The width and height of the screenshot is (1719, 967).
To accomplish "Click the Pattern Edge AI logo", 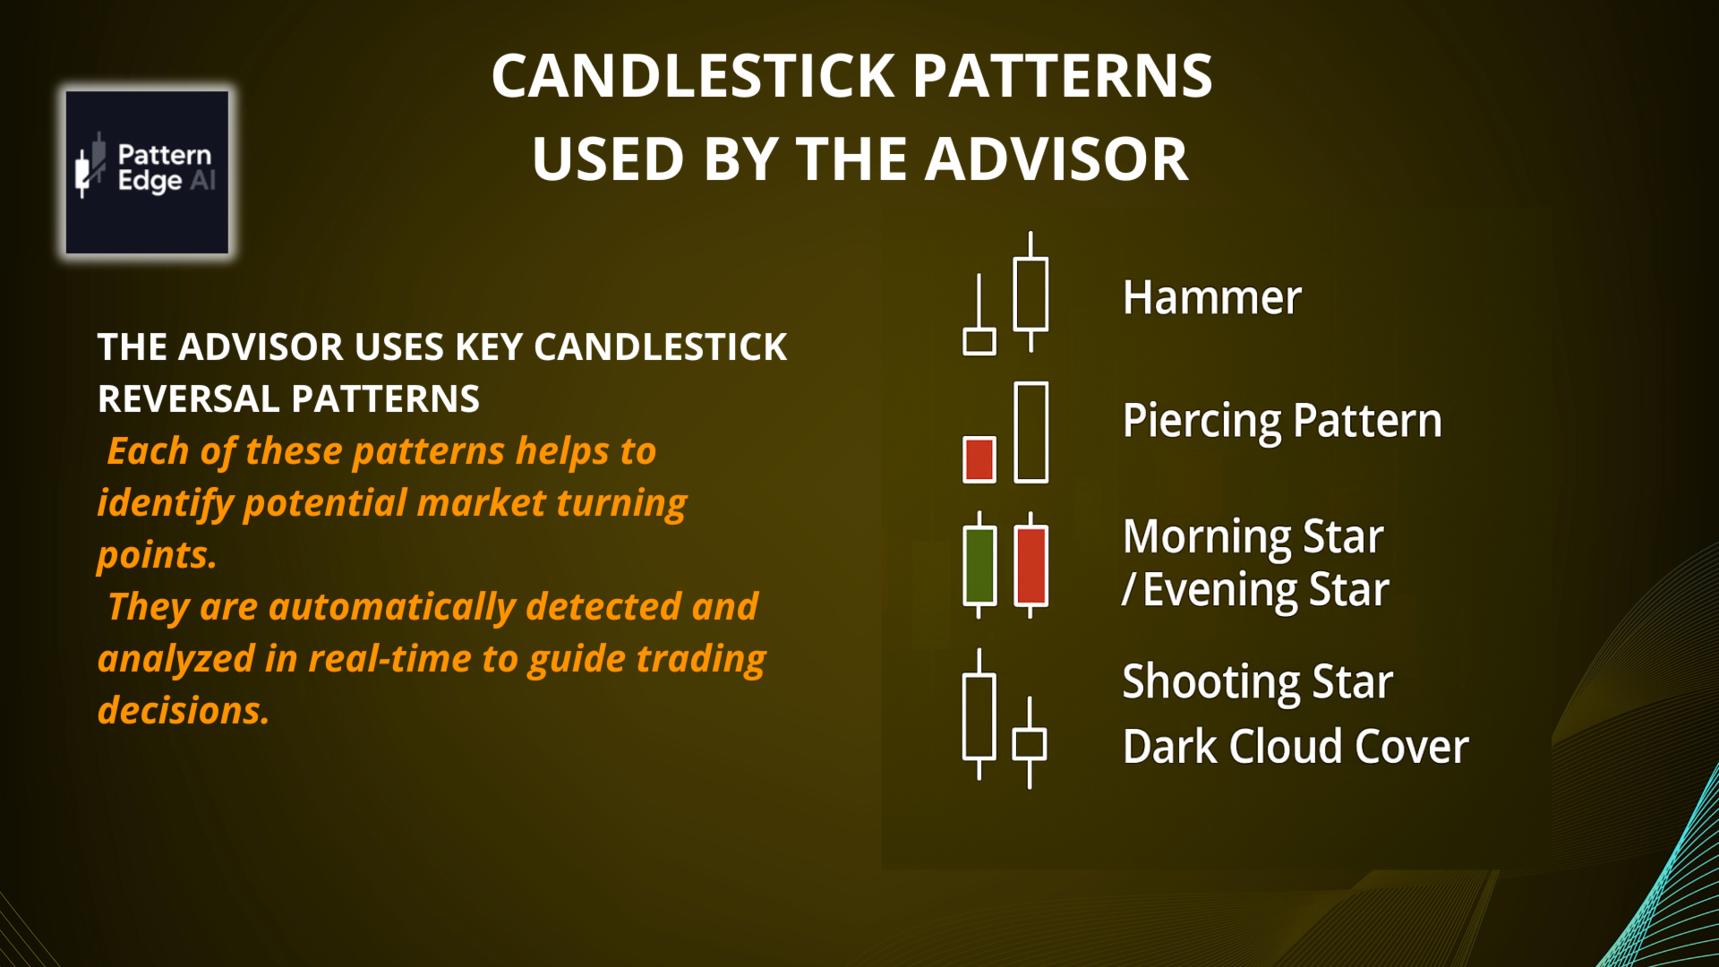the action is coord(147,172).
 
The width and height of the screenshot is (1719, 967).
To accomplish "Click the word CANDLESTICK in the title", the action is coord(694,75).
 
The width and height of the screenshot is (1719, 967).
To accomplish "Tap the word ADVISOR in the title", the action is coord(1056,159).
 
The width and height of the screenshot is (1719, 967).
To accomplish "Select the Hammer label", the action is coord(1211,297).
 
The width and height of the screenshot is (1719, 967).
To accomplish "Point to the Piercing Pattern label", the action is coord(1282,421).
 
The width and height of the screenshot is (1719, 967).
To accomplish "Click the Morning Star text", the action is coord(1253,536).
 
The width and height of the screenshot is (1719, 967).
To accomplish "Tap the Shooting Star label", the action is coord(1258,682).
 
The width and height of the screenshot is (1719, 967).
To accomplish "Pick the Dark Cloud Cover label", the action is coord(1296,746).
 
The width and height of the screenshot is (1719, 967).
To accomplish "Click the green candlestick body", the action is coord(979,566).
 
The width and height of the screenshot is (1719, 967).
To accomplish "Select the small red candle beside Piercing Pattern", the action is coord(979,459).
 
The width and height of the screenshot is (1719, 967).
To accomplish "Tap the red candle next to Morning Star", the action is coord(1031,566).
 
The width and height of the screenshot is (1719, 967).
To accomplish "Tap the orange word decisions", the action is coord(184,711).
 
